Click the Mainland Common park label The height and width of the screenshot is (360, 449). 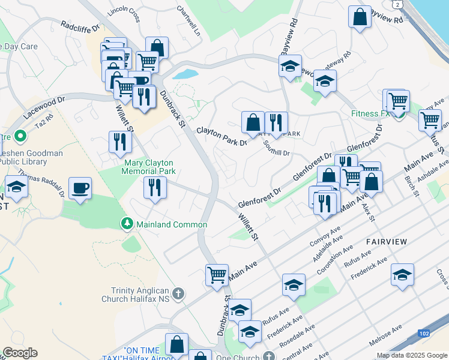click(x=171, y=224)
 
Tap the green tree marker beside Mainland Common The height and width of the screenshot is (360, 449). click(x=127, y=224)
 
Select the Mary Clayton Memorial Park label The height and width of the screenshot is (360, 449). click(x=149, y=167)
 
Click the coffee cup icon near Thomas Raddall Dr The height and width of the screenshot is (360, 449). click(x=80, y=188)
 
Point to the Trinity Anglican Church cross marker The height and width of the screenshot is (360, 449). click(x=178, y=294)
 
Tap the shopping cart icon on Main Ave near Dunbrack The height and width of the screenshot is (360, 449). click(x=217, y=275)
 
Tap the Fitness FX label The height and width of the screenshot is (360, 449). click(x=370, y=113)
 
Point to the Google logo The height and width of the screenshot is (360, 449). click(x=20, y=353)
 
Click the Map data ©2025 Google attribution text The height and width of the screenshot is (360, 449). click(x=412, y=355)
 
